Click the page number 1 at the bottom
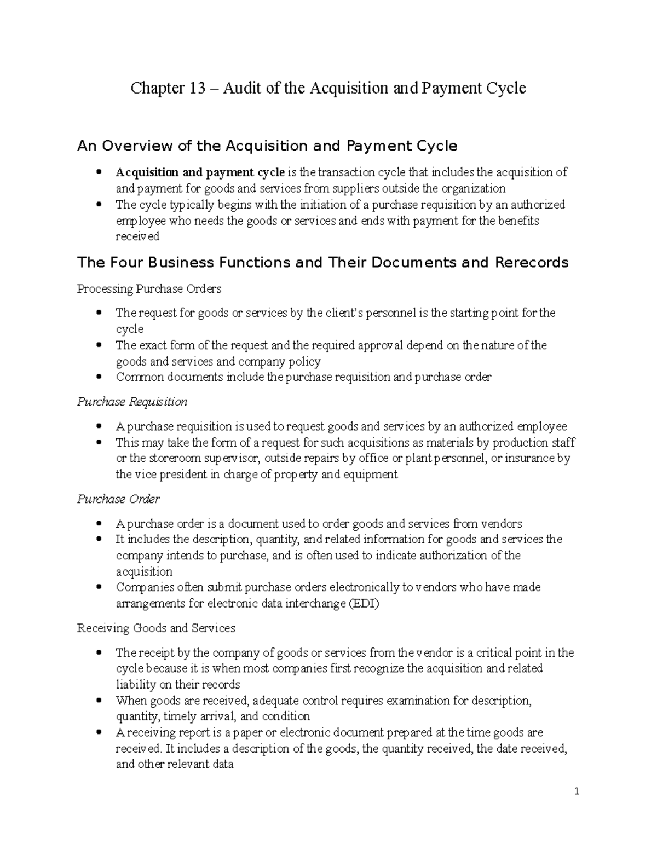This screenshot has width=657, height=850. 577,791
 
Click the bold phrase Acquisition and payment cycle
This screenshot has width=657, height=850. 200,172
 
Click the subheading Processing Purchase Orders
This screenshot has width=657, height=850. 149,288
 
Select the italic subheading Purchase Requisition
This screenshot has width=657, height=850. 132,402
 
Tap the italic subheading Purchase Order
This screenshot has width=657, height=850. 118,499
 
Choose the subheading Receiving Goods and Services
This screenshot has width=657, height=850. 156,628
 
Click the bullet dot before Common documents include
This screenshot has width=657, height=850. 99,377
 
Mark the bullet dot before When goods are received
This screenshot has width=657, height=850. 99,701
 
